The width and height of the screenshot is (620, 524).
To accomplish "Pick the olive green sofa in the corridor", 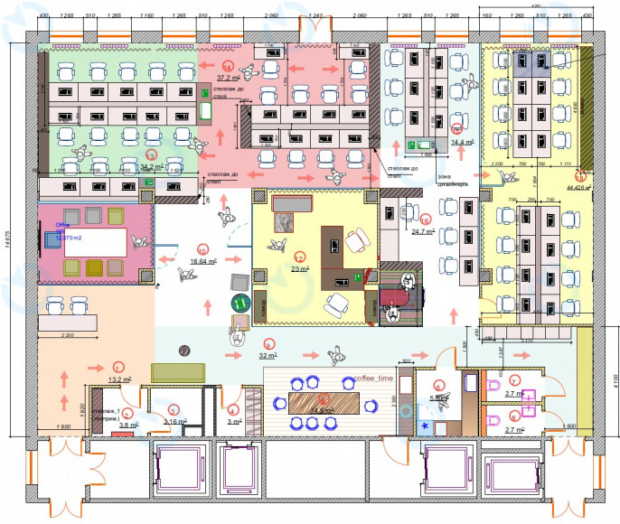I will pyautogui.click(x=178, y=372).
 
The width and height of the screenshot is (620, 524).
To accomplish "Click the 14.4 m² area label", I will pyautogui.click(x=463, y=142).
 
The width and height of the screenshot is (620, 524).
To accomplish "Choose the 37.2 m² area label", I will pyautogui.click(x=230, y=79).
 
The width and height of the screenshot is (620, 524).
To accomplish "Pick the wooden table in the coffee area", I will pyautogui.click(x=323, y=400).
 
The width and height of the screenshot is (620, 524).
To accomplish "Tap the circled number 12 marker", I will pyautogui.click(x=298, y=258).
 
